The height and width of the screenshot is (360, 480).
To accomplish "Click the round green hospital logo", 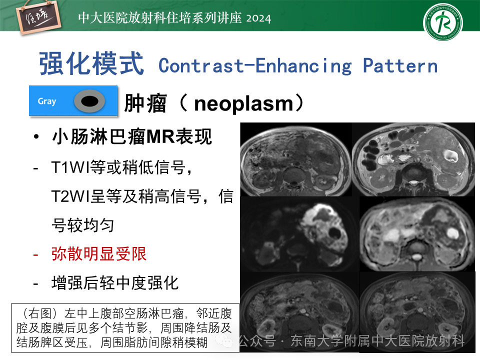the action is click(x=443, y=22).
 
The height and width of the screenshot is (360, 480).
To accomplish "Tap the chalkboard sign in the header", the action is click(x=38, y=18).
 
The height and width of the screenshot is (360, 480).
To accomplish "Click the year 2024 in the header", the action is click(x=258, y=18).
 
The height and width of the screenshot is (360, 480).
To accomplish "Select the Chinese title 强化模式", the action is click(x=91, y=63).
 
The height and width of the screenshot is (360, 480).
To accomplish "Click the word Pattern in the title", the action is click(x=400, y=66).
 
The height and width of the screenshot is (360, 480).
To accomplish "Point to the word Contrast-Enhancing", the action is click(x=255, y=66).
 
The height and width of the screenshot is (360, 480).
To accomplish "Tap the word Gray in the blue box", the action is click(x=47, y=101).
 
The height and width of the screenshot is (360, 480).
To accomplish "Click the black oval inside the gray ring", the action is click(x=89, y=101).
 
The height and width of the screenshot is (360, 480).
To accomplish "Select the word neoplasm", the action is click(x=243, y=103).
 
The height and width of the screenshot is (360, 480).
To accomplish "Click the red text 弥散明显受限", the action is click(x=99, y=254).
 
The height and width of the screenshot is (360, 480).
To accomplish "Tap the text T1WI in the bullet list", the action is click(x=70, y=167).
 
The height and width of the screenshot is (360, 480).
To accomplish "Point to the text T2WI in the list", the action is click(x=70, y=196).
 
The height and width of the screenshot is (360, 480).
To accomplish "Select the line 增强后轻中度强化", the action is click(x=115, y=282).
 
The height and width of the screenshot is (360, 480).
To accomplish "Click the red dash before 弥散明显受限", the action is click(x=36, y=254).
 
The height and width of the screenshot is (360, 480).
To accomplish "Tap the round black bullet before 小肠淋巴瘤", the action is click(x=36, y=137).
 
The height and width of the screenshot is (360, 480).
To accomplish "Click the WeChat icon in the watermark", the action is click(x=225, y=340).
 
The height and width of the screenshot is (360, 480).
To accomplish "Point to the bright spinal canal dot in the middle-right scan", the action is click(x=416, y=256).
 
